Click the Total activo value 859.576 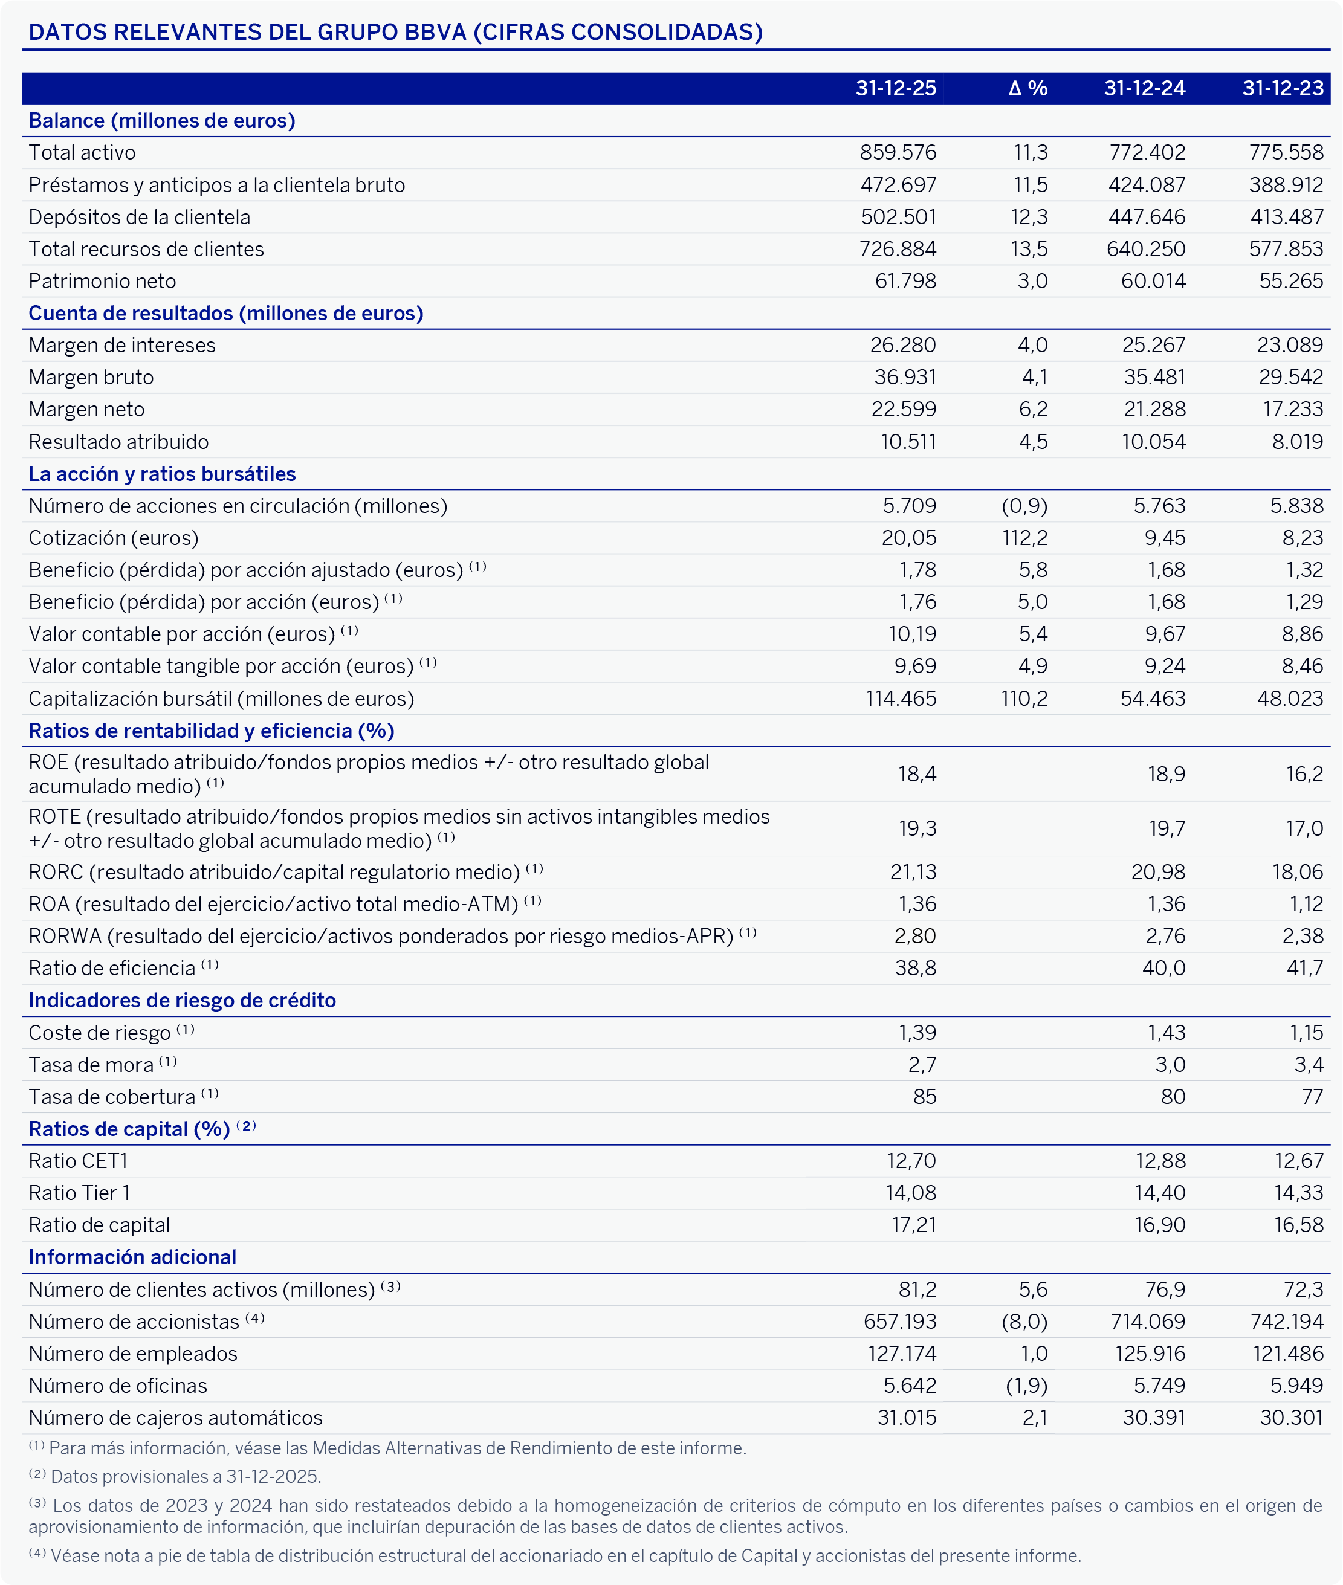point(898,152)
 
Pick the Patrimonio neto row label point(102,281)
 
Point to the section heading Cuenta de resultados point(225,313)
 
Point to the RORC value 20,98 point(1158,872)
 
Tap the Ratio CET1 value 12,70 point(911,1161)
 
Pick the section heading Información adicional point(132,1257)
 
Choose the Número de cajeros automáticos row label point(175,1418)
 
